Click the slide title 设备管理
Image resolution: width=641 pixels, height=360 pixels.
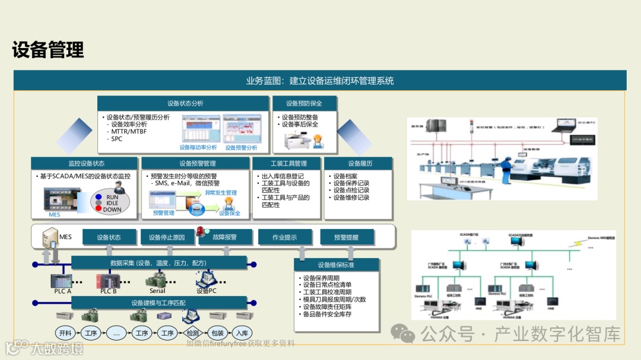click(48, 50)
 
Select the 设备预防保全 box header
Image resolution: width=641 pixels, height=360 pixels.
click(304, 103)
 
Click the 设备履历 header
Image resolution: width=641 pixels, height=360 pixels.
click(358, 164)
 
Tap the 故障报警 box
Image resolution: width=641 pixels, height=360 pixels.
click(226, 237)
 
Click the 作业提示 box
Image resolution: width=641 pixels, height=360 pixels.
click(285, 237)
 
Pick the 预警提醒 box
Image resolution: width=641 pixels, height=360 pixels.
click(347, 237)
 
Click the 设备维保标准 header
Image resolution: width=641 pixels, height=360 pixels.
click(337, 265)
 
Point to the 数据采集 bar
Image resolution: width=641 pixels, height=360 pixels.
click(158, 263)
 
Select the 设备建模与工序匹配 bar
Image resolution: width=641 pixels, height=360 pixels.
click(158, 303)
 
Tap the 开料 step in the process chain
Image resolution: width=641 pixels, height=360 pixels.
click(64, 333)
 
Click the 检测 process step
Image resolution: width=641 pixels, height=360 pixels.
click(193, 333)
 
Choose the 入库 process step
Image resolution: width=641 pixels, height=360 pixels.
click(242, 333)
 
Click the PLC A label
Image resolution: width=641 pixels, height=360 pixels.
click(59, 291)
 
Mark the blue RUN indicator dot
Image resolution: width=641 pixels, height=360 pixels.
click(99, 197)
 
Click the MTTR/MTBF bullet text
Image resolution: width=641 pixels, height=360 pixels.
click(129, 132)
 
